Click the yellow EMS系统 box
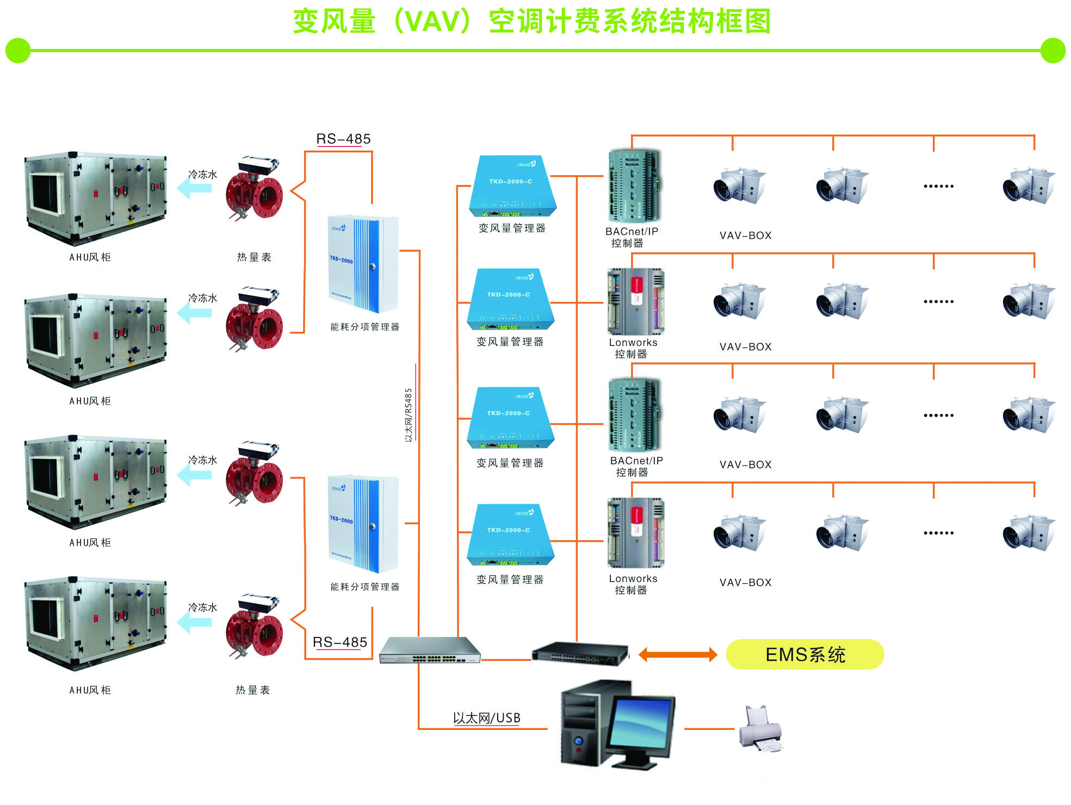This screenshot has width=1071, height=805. [804, 654]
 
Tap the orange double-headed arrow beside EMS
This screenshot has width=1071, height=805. [678, 654]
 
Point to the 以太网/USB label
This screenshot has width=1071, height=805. [486, 718]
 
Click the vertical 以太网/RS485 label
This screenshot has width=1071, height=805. [409, 414]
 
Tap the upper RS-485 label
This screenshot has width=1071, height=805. [343, 139]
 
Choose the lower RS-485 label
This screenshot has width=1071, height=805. [340, 642]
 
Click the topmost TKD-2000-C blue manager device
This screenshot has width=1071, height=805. [512, 186]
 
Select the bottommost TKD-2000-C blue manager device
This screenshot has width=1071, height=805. [510, 535]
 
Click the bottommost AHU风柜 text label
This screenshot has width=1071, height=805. [90, 690]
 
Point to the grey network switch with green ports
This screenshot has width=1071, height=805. [430, 650]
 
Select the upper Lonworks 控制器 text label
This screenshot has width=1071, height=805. [633, 348]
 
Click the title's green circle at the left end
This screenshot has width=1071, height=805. [18, 51]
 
